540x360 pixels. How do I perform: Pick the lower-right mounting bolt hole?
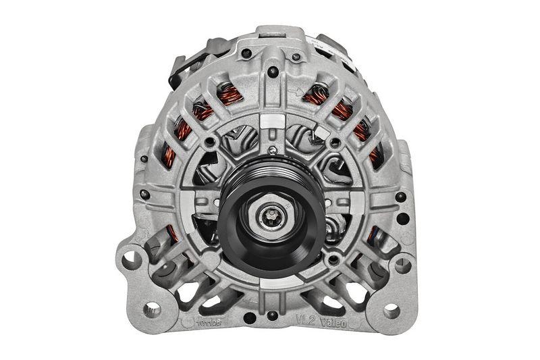pos(390,309)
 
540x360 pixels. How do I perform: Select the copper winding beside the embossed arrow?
pos(316,95)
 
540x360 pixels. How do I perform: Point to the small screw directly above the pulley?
pos(271,150)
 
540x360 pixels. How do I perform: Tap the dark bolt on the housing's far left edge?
pos(144,159)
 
